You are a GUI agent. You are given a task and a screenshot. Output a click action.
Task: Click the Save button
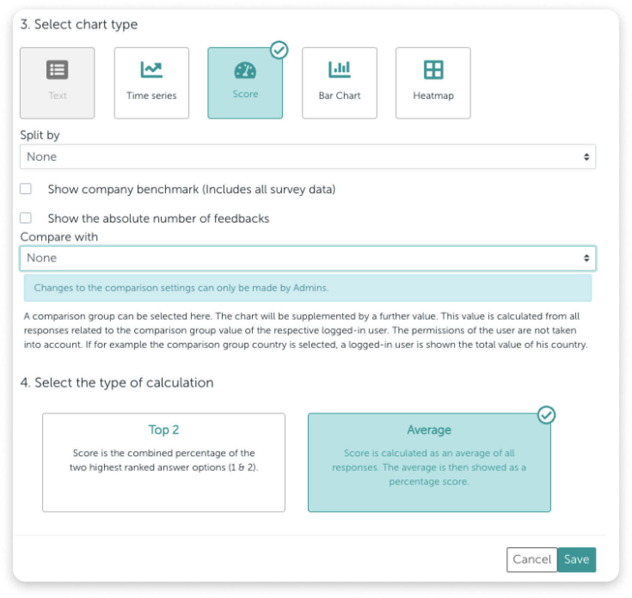click(x=576, y=559)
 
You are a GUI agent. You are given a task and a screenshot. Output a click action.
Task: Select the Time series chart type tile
click(x=151, y=83)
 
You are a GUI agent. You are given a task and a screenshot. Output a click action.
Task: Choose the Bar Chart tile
click(x=340, y=83)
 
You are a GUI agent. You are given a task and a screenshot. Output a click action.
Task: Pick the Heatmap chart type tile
click(x=433, y=83)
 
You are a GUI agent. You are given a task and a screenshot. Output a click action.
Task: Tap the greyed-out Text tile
click(x=57, y=83)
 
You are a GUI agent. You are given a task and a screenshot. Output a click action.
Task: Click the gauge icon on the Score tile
click(x=245, y=70)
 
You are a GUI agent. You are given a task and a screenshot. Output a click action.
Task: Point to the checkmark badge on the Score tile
click(x=279, y=50)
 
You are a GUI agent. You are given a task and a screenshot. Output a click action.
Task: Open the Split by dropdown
click(x=308, y=157)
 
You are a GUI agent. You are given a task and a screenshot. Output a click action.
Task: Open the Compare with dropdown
click(x=308, y=258)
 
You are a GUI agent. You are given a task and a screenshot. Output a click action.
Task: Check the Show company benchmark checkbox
click(x=26, y=189)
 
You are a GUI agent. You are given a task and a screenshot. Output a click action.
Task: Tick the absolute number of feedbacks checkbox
click(x=26, y=218)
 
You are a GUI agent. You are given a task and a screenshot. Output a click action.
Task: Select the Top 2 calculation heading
click(x=164, y=430)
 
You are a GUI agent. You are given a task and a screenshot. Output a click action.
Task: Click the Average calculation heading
click(x=429, y=430)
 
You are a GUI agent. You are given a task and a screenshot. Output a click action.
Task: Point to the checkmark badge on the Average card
click(x=546, y=415)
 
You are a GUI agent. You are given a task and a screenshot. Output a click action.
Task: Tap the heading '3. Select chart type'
click(x=79, y=25)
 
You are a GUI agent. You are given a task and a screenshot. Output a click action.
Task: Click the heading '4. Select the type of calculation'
click(x=117, y=383)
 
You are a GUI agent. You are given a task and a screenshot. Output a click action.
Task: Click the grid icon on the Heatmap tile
click(x=433, y=70)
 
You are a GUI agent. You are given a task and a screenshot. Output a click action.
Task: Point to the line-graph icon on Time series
click(x=151, y=70)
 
